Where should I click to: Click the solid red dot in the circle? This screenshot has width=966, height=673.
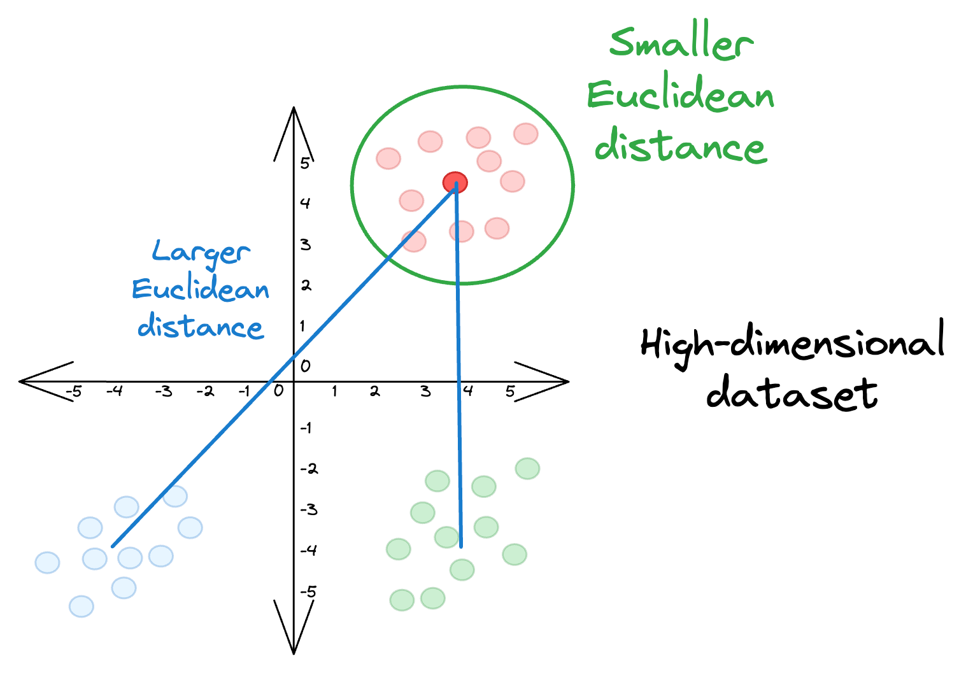click(455, 183)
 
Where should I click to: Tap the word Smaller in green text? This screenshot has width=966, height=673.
click(682, 43)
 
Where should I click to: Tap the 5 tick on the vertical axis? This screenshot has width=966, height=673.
click(305, 163)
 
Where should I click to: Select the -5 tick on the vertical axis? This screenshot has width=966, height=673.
click(308, 592)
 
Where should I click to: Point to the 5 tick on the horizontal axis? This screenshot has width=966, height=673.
click(510, 391)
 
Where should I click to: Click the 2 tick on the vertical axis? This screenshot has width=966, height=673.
click(306, 285)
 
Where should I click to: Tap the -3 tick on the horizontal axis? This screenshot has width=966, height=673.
click(164, 392)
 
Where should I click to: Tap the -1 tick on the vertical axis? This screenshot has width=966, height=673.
click(306, 428)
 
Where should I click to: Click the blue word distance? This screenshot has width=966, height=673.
click(201, 326)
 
